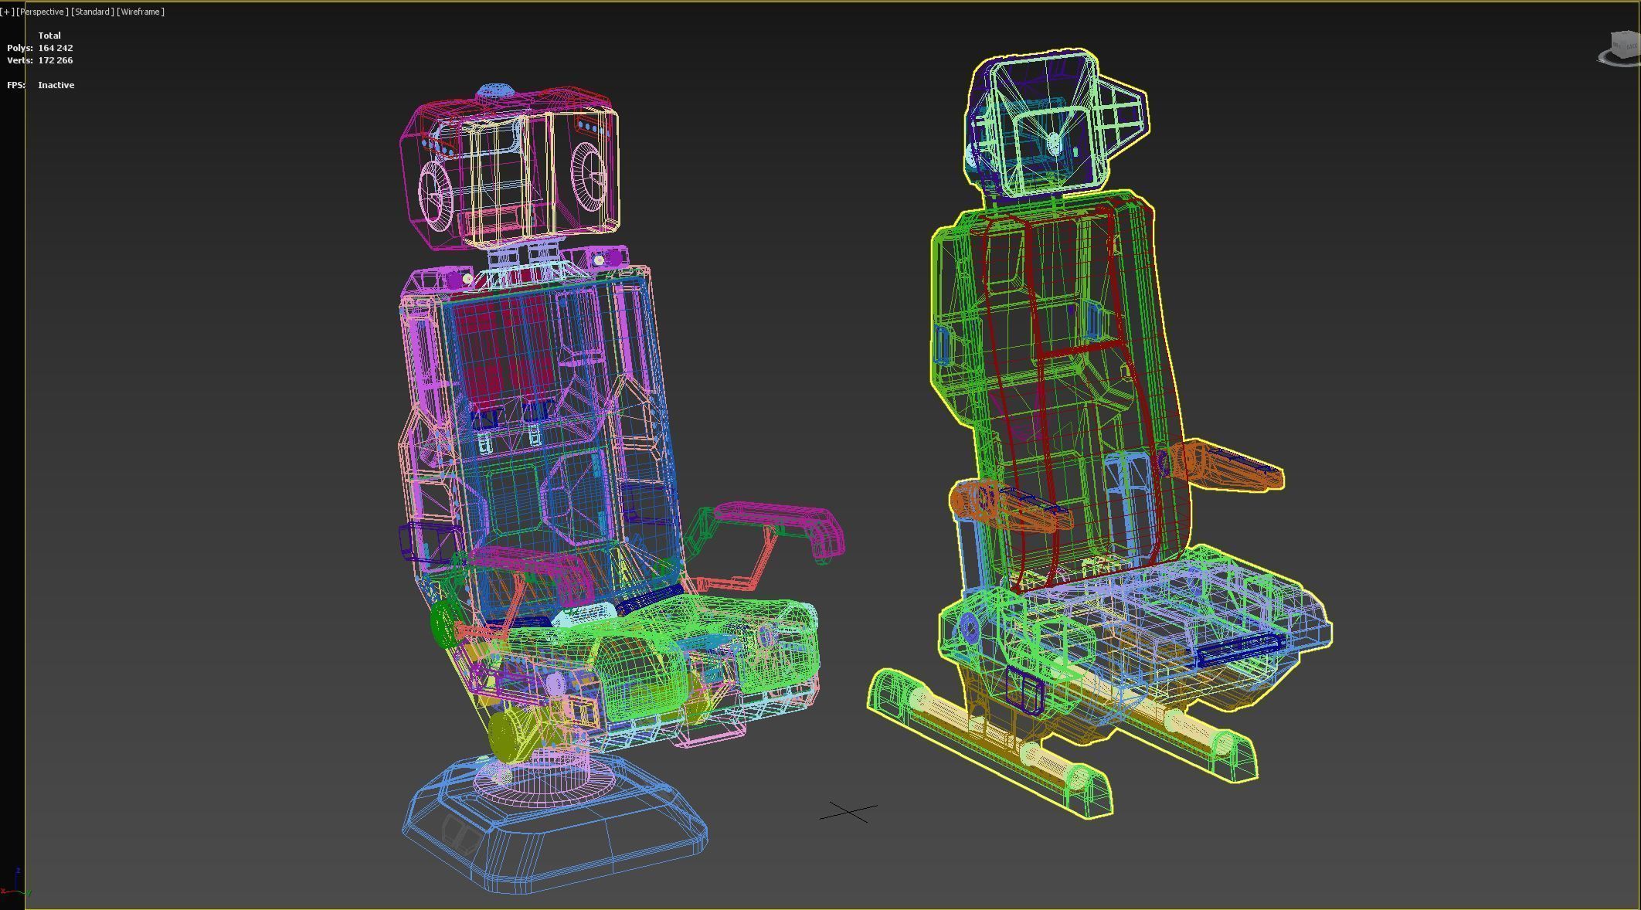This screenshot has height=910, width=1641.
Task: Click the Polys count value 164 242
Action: [56, 48]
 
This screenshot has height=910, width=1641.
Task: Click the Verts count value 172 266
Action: [56, 60]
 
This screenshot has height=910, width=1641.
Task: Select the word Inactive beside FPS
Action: [56, 85]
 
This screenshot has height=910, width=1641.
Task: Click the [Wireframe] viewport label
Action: [141, 12]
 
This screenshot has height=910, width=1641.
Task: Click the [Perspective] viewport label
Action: [42, 12]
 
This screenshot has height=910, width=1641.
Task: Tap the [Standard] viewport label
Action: [93, 12]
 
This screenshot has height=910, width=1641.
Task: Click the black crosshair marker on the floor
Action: [848, 812]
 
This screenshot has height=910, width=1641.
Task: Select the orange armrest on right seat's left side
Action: [1004, 506]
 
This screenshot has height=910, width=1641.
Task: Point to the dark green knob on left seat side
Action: [444, 624]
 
